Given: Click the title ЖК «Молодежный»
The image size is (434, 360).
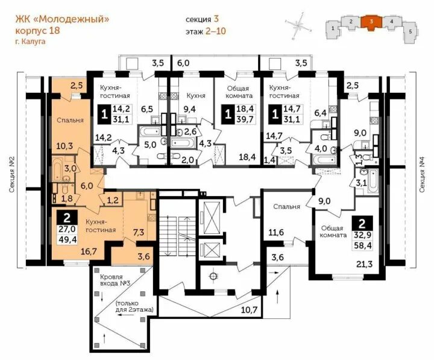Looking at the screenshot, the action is click(x=62, y=19).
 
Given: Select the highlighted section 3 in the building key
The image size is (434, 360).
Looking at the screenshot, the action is click(x=371, y=22).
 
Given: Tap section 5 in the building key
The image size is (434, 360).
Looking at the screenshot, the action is click(x=410, y=32).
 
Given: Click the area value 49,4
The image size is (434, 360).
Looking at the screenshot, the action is click(x=66, y=239).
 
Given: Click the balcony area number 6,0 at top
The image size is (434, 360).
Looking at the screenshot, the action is click(x=183, y=63).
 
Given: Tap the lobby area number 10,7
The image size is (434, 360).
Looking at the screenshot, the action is click(x=250, y=310).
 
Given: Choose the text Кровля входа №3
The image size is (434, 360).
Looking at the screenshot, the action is click(x=112, y=280).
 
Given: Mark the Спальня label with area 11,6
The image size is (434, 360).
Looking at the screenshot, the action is click(x=286, y=207).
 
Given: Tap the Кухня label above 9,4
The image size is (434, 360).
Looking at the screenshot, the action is click(x=196, y=95).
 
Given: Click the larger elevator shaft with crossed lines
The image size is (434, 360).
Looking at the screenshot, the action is click(x=212, y=217).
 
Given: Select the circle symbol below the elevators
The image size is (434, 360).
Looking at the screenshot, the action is click(x=213, y=276).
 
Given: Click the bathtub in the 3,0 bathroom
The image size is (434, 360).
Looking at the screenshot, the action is click(x=58, y=168).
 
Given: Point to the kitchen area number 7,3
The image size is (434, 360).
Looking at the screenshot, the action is click(x=139, y=232).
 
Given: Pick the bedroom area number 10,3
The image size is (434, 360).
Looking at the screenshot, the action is click(x=64, y=146).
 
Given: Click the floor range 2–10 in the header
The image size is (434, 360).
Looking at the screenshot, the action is click(x=216, y=31).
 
